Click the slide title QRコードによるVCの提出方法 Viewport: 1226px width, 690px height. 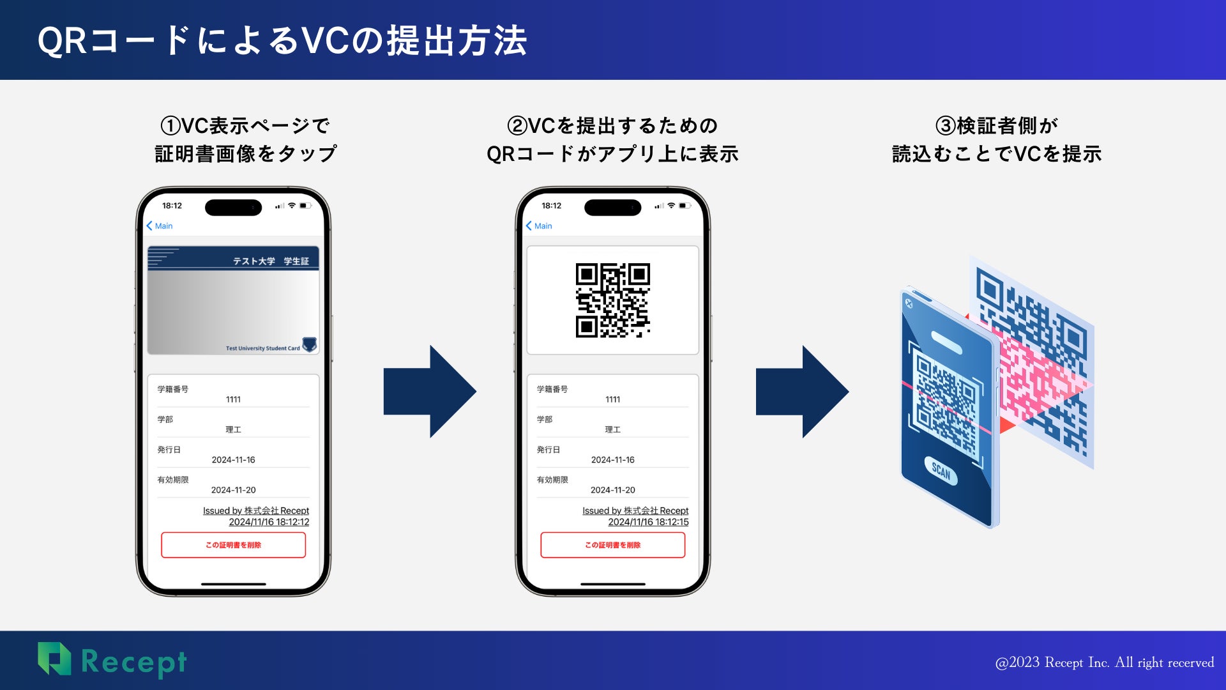[x=282, y=41]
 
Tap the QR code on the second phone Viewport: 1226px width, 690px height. [x=612, y=300]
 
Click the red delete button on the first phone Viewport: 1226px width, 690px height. [x=233, y=545]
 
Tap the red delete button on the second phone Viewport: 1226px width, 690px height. [x=612, y=545]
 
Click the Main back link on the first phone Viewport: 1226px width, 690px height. [x=160, y=226]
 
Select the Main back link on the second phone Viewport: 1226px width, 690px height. [x=539, y=226]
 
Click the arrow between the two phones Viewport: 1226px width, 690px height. [x=430, y=391]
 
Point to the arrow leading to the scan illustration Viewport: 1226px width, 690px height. [x=802, y=391]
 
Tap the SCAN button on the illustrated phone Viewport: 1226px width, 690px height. [x=941, y=471]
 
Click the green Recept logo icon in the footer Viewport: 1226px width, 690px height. [x=54, y=659]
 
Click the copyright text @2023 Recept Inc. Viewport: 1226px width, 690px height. [x=1104, y=663]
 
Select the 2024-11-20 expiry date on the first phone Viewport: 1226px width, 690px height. [x=233, y=490]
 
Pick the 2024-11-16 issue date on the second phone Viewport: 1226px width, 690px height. [x=612, y=460]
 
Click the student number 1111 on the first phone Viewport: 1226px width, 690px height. [x=233, y=399]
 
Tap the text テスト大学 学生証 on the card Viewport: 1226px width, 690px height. [x=271, y=261]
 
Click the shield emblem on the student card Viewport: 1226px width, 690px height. [x=310, y=345]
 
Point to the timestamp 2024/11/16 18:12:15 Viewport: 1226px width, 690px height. [x=648, y=522]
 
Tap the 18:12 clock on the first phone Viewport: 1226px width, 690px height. [x=172, y=206]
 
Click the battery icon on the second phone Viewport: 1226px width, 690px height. [x=685, y=206]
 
